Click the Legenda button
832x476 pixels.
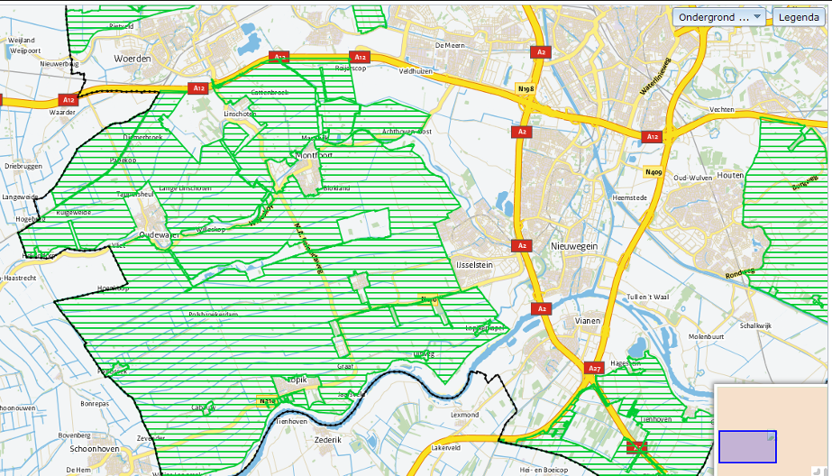[800, 17]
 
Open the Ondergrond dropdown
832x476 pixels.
[719, 17]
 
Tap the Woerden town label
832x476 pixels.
[133, 59]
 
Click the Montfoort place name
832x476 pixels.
[315, 155]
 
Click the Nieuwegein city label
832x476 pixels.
[574, 245]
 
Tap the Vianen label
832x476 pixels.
[588, 320]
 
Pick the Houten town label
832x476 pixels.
[730, 175]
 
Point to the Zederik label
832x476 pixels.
[327, 439]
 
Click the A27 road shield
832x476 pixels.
[594, 368]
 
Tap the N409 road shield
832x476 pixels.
[654, 171]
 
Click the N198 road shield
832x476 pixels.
[526, 88]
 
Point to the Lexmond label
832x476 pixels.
[464, 415]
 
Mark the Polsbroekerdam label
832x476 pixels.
[213, 314]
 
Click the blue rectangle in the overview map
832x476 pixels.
[747, 446]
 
